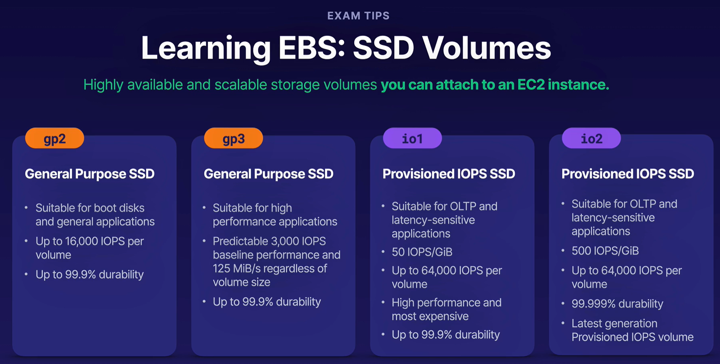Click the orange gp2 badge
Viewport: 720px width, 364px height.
55,138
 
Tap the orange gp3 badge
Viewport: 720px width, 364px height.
233,138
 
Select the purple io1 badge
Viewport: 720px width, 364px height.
412,138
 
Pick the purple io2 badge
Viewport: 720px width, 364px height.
591,138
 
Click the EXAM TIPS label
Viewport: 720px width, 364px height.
358,16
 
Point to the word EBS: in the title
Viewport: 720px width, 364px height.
312,48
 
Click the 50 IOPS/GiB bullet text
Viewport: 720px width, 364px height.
422,252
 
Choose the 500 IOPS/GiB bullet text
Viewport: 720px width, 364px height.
605,251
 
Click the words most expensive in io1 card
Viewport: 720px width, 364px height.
430,316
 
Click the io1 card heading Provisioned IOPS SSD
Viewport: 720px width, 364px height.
449,174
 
